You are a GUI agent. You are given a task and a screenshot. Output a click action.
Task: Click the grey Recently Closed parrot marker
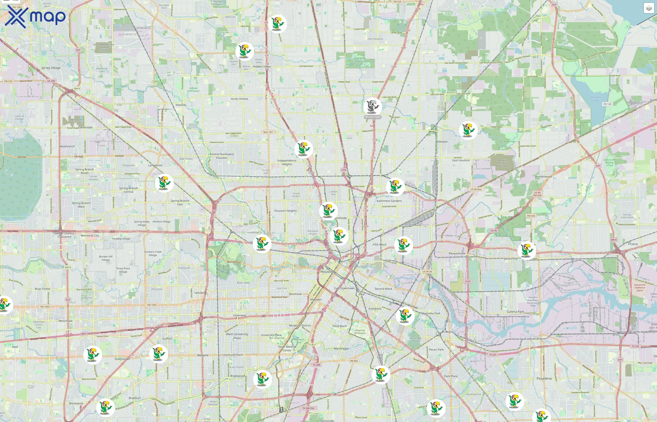pyautogui.click(x=372, y=106)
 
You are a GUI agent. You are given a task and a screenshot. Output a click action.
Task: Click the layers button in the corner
pyautogui.click(x=649, y=8)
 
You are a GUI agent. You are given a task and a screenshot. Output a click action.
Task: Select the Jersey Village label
pyautogui.click(x=51, y=68)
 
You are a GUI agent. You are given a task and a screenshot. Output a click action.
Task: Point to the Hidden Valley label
pyautogui.click(x=262, y=67)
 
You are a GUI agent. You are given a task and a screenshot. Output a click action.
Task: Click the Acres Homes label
pyautogui.click(x=239, y=99)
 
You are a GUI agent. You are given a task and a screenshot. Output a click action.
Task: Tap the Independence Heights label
pyautogui.click(x=287, y=162)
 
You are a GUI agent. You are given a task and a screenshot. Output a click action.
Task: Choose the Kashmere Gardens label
pyautogui.click(x=389, y=201)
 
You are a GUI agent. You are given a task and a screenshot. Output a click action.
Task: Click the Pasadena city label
pyautogui.click(x=544, y=378)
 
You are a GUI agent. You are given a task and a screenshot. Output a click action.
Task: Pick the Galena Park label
pyautogui.click(x=515, y=312)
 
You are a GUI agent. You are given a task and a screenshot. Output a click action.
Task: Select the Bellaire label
pyautogui.click(x=203, y=355)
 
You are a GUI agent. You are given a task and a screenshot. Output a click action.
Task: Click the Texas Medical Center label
pyautogui.click(x=287, y=349)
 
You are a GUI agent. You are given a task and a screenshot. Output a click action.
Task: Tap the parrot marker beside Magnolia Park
pyautogui.click(x=405, y=316)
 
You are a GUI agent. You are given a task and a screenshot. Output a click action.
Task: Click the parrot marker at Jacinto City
pyautogui.click(x=526, y=250)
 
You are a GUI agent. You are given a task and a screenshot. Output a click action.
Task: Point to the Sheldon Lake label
pyautogui.click(x=595, y=99)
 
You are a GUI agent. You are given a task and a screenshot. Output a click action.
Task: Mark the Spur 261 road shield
pyautogui.click(x=268, y=132)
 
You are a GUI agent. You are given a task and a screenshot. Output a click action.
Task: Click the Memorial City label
pyautogui.click(x=90, y=236)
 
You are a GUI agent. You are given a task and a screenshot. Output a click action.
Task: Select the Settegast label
pyautogui.click(x=441, y=142)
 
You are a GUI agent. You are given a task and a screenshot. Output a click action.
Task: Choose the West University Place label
pyautogui.click(x=237, y=336)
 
